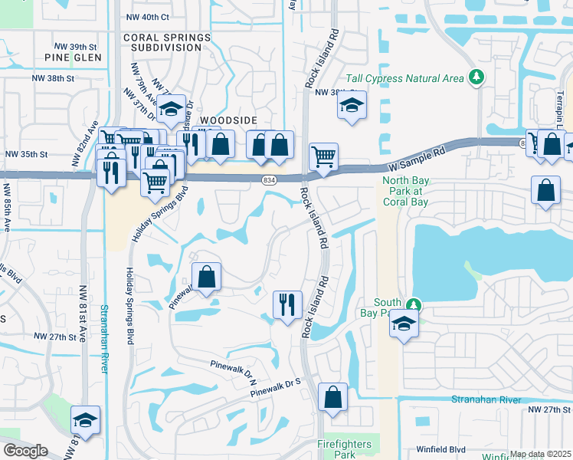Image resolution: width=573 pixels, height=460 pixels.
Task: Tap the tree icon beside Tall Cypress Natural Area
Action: pos(476,77)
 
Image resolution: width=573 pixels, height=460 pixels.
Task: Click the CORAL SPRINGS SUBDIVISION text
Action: pos(165,41)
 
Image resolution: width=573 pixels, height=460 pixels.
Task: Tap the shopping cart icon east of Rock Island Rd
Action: pos(323,157)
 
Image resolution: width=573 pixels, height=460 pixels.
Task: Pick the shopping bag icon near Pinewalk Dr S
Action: pos(332,397)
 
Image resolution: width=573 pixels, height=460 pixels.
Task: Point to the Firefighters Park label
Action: pos(345,449)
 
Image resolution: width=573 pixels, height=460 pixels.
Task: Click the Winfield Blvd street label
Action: pos(441,450)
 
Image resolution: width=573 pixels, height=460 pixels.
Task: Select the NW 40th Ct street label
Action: pos(155,17)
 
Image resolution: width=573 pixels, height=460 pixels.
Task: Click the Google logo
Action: pos(25,451)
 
